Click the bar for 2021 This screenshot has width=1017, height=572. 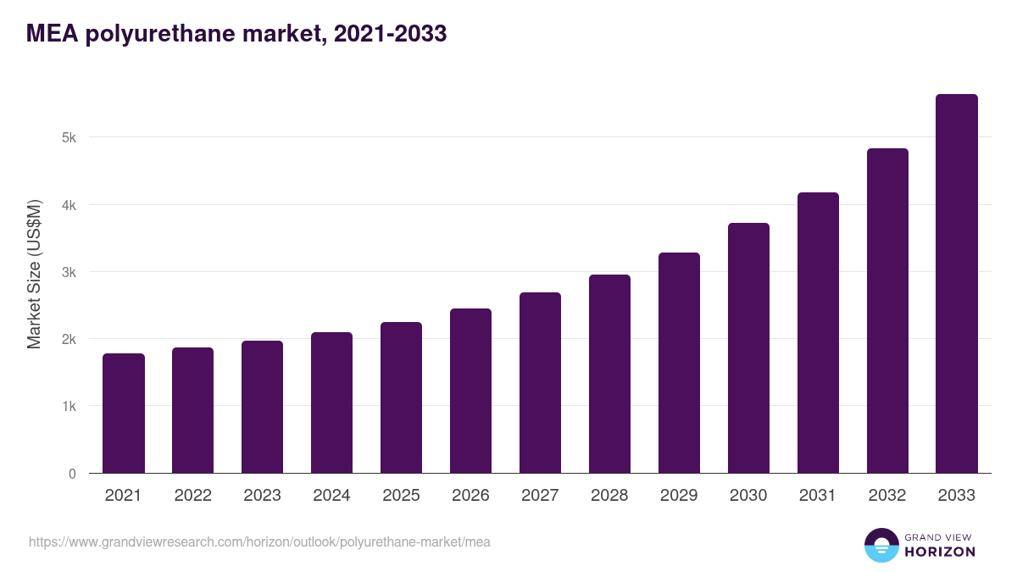coord(124,414)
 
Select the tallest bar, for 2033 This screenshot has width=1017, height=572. coord(957,284)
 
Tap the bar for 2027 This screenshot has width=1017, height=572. coord(540,383)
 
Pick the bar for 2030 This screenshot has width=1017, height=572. coord(748,348)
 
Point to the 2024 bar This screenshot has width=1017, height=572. coord(331,403)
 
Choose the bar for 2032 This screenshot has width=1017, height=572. coord(887,311)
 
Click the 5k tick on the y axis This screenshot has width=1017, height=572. coord(68,137)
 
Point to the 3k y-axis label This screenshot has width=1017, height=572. coord(68,272)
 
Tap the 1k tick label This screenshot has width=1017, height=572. coord(68,407)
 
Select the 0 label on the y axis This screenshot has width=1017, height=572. coord(72,474)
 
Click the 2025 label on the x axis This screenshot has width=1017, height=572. coord(401,496)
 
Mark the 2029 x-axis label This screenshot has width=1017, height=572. coord(679,496)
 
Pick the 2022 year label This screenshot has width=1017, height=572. coord(192,496)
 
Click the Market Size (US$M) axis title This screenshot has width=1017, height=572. coord(34,274)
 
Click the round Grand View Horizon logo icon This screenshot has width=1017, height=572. coord(881,545)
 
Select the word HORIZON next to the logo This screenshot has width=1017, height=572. coord(940,552)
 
